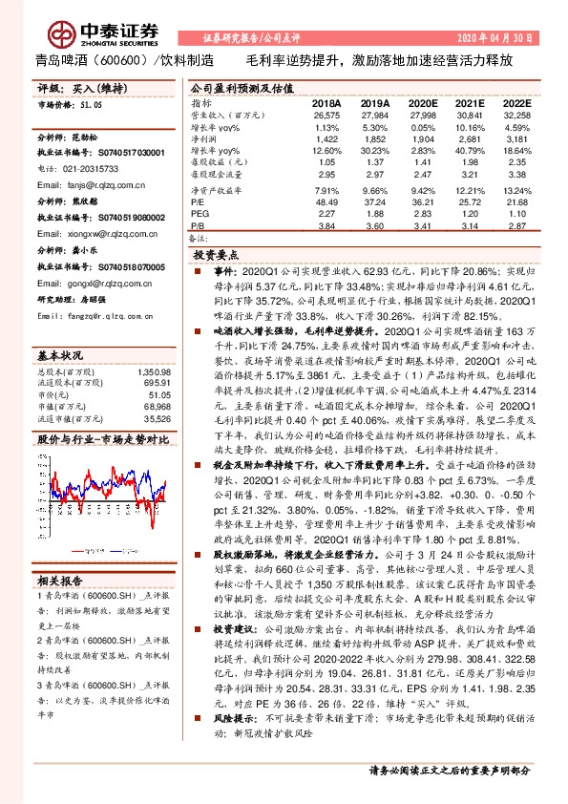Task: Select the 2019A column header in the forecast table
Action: coord(374,103)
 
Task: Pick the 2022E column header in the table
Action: coord(515,103)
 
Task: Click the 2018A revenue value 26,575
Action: coord(326,115)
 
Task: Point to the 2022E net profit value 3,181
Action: coord(516,139)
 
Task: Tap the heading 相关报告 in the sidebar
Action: coord(62,581)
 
